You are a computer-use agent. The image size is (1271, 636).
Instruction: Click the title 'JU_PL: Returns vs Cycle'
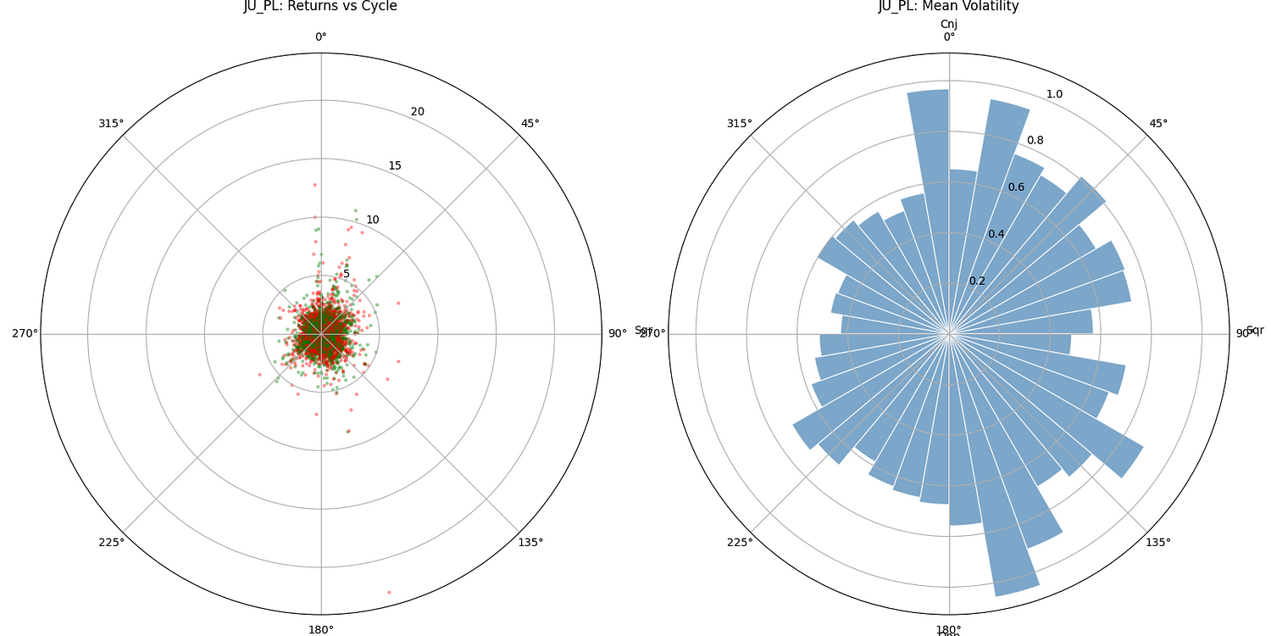point(320,7)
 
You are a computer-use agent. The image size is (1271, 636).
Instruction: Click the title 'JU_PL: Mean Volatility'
point(948,7)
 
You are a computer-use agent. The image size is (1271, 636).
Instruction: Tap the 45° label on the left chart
point(530,123)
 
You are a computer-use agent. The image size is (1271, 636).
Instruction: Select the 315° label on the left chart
point(111,123)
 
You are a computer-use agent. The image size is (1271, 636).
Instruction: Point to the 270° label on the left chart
point(25,333)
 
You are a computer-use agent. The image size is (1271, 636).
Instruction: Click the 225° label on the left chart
point(111,543)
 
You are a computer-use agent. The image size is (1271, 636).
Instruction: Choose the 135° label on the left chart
point(530,543)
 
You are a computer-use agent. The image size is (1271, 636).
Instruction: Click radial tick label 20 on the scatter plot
point(418,112)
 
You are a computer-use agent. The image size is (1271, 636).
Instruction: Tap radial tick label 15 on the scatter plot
point(395,165)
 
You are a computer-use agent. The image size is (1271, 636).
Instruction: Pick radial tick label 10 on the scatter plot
point(373,220)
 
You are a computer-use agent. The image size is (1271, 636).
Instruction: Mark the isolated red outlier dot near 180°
point(389,592)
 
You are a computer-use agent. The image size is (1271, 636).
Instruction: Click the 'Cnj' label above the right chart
point(948,24)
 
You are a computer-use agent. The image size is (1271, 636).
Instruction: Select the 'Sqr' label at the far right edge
point(1255,330)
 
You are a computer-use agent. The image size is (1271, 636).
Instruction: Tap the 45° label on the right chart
point(1158,123)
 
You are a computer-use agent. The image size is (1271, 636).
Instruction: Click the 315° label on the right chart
point(739,123)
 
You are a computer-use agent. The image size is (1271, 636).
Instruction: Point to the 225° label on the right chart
point(739,543)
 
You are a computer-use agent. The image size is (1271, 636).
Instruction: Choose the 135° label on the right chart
point(1158,543)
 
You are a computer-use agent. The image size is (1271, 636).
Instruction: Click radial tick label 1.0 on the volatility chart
point(1054,94)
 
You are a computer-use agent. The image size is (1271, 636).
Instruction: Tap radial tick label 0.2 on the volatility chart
point(977,281)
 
